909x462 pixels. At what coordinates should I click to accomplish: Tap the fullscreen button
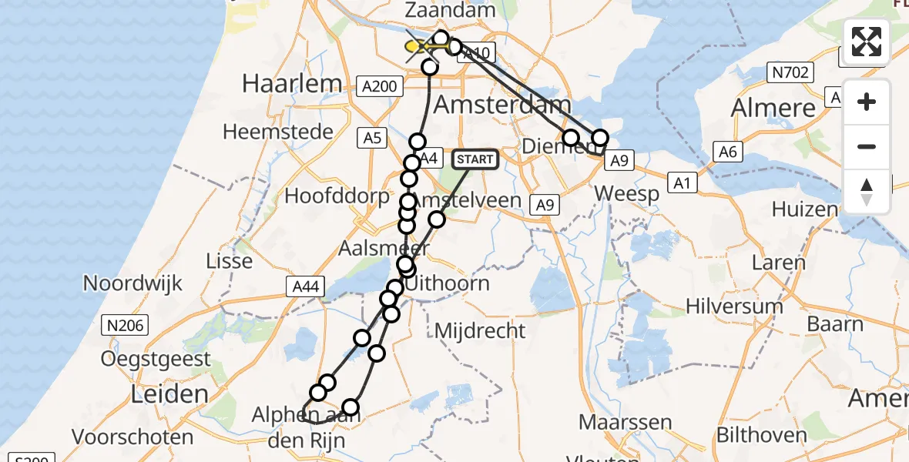pos(867,42)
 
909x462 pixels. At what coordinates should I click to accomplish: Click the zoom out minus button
pos(867,146)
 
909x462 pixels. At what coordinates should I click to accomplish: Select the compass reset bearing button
pos(867,191)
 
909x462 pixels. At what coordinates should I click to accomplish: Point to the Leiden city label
pos(169,395)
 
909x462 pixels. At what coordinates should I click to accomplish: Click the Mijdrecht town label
pos(480,331)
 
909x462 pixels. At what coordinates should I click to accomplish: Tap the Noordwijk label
pos(133,283)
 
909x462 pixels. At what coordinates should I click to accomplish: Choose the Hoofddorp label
pos(337,196)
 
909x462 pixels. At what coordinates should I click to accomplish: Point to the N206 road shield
pos(126,326)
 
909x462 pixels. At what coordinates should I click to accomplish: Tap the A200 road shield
pos(381,86)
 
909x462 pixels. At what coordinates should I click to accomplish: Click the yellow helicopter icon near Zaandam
pos(420,48)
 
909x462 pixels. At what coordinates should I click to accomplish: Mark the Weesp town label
pos(627,192)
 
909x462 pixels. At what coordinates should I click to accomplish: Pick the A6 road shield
pos(728,152)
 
